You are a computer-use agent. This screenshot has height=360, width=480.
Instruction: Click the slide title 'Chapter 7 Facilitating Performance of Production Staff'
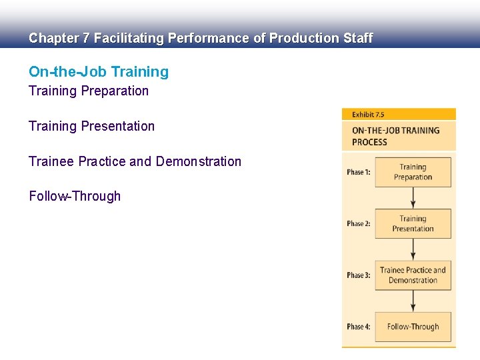click(x=200, y=39)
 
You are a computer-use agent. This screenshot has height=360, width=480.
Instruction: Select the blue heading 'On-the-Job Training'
click(x=99, y=72)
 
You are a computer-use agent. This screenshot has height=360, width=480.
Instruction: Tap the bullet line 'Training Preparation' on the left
click(x=89, y=91)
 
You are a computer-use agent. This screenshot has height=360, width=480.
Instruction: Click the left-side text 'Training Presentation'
click(x=91, y=126)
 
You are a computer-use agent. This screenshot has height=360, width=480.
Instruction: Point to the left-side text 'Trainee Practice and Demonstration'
click(x=135, y=161)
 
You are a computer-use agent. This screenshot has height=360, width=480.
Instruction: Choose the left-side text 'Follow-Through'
click(x=75, y=196)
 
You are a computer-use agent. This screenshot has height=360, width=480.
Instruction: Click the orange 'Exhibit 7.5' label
click(x=368, y=115)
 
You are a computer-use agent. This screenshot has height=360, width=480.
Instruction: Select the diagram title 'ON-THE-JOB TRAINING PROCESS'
click(x=395, y=136)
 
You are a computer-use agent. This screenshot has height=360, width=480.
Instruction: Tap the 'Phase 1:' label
click(x=359, y=172)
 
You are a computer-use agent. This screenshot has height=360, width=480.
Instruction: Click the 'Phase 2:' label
click(x=359, y=223)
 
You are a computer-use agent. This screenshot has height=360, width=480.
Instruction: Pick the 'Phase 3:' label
click(x=359, y=275)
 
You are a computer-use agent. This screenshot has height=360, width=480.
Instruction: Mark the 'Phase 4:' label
click(x=359, y=327)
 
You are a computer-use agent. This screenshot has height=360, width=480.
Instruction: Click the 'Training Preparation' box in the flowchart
click(x=413, y=172)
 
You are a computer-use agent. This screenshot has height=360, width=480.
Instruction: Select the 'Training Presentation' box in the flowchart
click(x=413, y=223)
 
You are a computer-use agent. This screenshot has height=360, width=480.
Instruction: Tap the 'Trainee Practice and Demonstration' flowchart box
click(x=413, y=275)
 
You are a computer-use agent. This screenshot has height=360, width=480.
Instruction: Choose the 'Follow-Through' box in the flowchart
click(x=413, y=327)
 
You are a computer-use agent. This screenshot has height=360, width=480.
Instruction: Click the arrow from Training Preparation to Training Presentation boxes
click(x=413, y=198)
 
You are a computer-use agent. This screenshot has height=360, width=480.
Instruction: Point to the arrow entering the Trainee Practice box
click(x=413, y=249)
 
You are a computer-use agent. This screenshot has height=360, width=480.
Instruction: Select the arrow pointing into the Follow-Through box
click(x=413, y=301)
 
